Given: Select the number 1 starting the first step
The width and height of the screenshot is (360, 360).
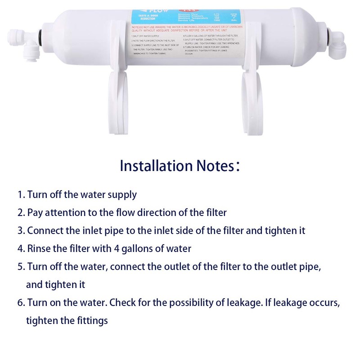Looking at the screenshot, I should pos(20,195).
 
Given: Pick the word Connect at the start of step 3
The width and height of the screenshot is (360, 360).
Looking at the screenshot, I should pos(44,230).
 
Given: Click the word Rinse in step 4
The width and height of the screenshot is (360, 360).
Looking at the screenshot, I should pos(38,248).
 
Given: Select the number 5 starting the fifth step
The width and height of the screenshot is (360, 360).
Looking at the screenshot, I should pos(20,266).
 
